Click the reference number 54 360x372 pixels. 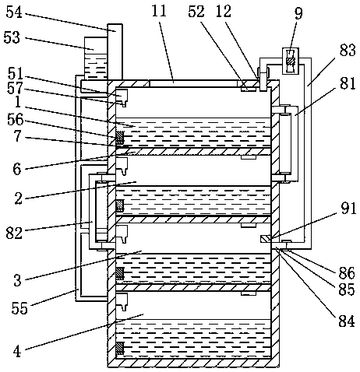[14, 12]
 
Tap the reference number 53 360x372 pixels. [12, 37]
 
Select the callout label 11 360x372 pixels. [159, 11]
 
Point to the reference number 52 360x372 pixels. [196, 12]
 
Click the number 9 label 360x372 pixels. [298, 13]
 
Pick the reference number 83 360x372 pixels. [348, 50]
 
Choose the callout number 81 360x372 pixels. [348, 83]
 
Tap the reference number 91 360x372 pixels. [348, 209]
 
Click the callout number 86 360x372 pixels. [347, 273]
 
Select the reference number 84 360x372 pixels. [347, 321]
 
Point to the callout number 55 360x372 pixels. [19, 308]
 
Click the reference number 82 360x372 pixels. [14, 233]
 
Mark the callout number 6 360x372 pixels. [17, 169]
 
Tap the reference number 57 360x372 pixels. [15, 88]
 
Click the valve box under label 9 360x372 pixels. [291, 61]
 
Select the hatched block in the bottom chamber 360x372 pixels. [119, 349]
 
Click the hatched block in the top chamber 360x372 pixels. [119, 138]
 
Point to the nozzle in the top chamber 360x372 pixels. [122, 97]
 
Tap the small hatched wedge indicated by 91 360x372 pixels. [266, 239]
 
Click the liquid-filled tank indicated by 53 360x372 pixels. [96, 58]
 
